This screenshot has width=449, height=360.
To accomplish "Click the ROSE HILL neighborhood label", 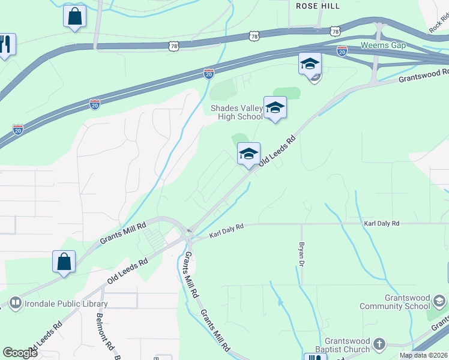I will [318, 5].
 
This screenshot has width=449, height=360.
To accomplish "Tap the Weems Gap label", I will [383, 46].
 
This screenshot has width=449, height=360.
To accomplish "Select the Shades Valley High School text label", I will [236, 113].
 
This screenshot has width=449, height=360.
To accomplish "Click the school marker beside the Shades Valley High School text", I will [275, 108].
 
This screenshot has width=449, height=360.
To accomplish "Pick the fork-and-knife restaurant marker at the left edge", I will [5, 44].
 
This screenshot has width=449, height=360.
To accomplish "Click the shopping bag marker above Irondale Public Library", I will [64, 262].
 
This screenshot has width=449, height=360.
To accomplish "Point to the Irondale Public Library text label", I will [65, 304].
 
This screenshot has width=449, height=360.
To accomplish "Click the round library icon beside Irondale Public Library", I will [16, 304].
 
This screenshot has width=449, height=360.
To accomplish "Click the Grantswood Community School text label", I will [394, 302].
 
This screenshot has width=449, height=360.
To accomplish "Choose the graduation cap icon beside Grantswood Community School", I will [439, 300].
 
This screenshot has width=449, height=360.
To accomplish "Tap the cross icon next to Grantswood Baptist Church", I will [379, 344].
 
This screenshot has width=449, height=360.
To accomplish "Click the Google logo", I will [20, 353].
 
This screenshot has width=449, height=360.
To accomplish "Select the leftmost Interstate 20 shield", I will [18, 129].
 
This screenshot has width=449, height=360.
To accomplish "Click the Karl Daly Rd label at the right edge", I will [381, 223].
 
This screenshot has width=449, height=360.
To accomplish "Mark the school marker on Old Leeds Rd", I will [249, 154].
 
